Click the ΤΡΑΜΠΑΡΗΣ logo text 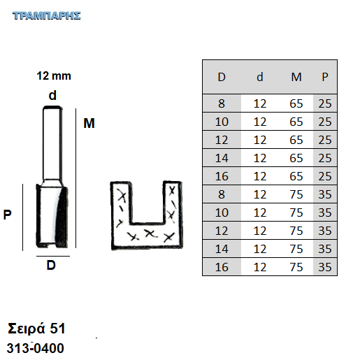(x=47, y=16)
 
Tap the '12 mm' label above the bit (x=54, y=76)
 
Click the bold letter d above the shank (x=52, y=95)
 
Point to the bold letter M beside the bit (x=89, y=123)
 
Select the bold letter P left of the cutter (x=7, y=215)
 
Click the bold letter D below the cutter (x=51, y=265)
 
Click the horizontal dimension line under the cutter (x=53, y=256)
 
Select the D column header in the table (x=222, y=77)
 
